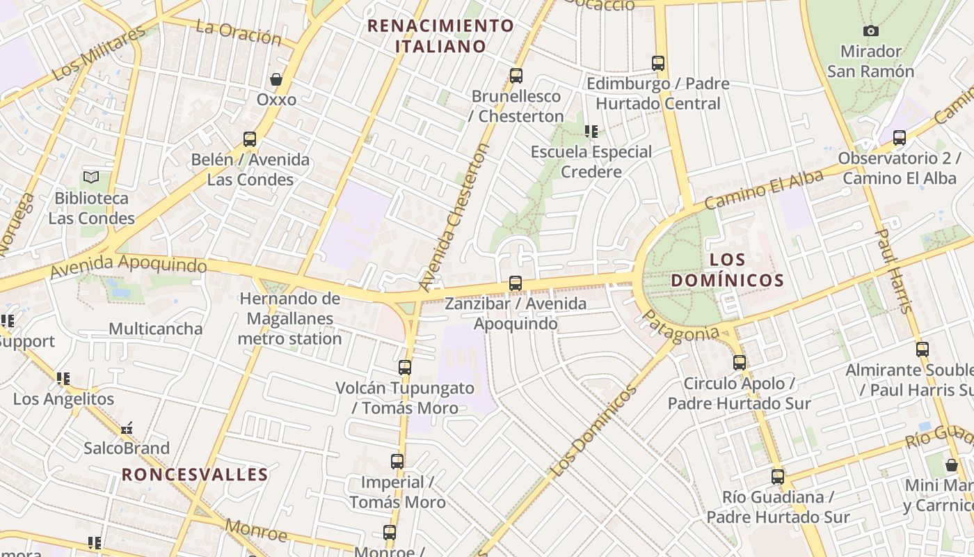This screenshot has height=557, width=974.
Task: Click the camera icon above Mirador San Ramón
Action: tap(870, 31)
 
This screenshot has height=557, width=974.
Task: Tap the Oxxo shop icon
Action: tap(276, 79)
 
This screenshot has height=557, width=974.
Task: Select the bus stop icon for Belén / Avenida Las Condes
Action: tap(250, 139)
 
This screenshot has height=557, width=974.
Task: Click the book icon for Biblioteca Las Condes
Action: tap(91, 177)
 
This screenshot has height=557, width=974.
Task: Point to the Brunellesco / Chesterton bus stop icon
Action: tap(516, 76)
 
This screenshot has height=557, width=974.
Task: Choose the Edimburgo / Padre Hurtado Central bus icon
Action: tap(658, 63)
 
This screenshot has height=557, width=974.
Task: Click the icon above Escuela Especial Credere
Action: tap(591, 132)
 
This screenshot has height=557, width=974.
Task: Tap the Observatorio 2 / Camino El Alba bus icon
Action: tap(900, 138)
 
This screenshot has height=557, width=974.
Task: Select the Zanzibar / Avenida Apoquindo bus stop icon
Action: tap(516, 283)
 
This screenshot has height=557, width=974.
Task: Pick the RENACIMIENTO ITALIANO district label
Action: tap(441, 36)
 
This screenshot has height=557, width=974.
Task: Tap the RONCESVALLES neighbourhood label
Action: tap(195, 475)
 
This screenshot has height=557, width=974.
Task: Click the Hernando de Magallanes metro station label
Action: tap(290, 319)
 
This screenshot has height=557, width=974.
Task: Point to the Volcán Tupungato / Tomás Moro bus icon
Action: tap(405, 368)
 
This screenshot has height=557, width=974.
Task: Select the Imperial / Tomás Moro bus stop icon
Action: tap(397, 462)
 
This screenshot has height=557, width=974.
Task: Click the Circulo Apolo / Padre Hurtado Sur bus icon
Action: tap(740, 363)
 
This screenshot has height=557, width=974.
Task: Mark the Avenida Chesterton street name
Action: tap(454, 217)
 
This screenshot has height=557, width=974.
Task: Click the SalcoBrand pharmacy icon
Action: tap(127, 429)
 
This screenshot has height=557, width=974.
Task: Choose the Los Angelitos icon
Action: tap(63, 379)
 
